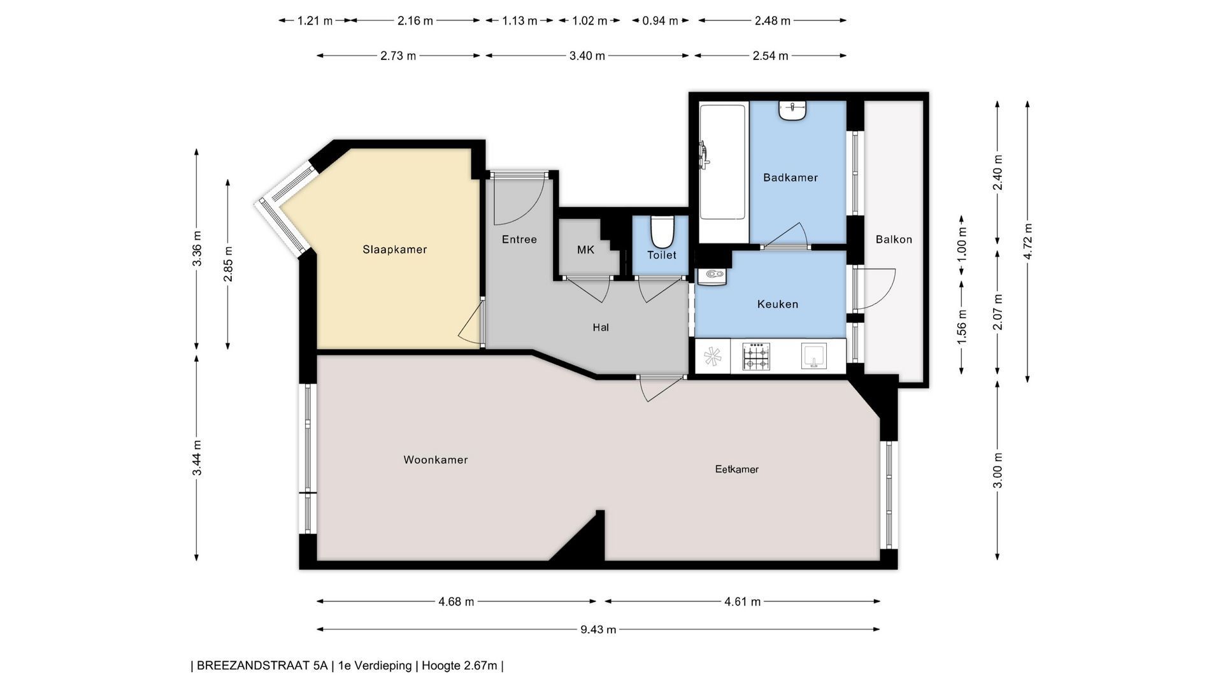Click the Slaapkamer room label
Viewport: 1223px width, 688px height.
pyautogui.click(x=394, y=250)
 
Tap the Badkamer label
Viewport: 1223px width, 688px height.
pyautogui.click(x=790, y=178)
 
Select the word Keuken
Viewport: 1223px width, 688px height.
pyautogui.click(x=778, y=305)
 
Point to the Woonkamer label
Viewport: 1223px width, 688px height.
pyautogui.click(x=436, y=460)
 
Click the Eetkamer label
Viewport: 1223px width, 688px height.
pyautogui.click(x=737, y=469)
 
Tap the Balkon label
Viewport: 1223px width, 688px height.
pyautogui.click(x=894, y=240)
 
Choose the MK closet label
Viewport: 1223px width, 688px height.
pyautogui.click(x=585, y=250)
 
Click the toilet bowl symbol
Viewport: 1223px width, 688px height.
pyautogui.click(x=662, y=232)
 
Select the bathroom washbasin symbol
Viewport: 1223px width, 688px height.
pyautogui.click(x=792, y=110)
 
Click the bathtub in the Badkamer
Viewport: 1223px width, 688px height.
pyautogui.click(x=724, y=171)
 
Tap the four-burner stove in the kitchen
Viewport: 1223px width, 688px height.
pyautogui.click(x=756, y=357)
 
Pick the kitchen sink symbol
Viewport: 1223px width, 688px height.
pyautogui.click(x=813, y=356)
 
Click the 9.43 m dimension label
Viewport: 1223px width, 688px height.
pyautogui.click(x=598, y=629)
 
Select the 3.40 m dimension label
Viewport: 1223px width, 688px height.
pyautogui.click(x=587, y=56)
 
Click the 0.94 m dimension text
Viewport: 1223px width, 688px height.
pyautogui.click(x=660, y=21)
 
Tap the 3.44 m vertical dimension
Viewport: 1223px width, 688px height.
pyautogui.click(x=197, y=457)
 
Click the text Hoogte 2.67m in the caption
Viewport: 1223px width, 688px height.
pyautogui.click(x=459, y=666)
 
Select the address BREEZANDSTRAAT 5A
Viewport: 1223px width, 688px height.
pyautogui.click(x=262, y=666)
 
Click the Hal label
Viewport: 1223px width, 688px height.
pyautogui.click(x=601, y=327)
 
